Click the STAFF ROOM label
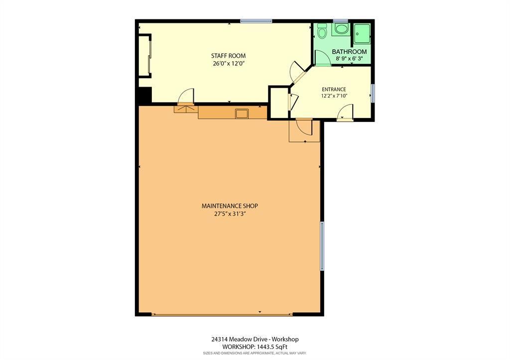coord(228,56)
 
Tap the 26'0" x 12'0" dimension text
coord(228,64)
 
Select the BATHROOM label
coord(349,52)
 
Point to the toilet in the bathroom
coord(322,31)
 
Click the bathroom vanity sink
coord(341,30)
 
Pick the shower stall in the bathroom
coord(362,33)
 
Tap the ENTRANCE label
coord(334,90)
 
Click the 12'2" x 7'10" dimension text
coord(334,96)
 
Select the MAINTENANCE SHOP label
coord(230,206)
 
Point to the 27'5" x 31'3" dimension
coord(230,214)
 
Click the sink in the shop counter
coord(242,114)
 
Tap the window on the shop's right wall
coord(322,246)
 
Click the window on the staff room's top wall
coord(256,21)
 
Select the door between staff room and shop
coord(186,97)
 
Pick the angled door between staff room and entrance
coord(297,72)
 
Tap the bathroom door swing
coord(323,59)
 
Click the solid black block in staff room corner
coord(145,95)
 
